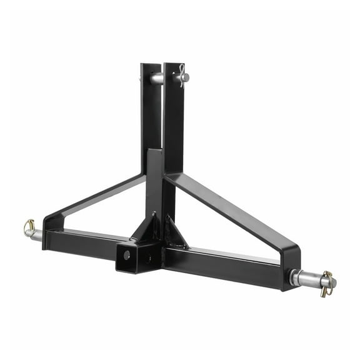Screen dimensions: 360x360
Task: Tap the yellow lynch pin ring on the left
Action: [x=28, y=226]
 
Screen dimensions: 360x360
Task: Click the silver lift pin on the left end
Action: [x=36, y=235]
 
